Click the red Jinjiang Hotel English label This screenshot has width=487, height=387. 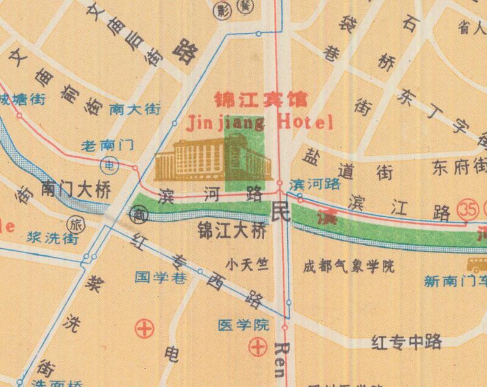tap(259, 122)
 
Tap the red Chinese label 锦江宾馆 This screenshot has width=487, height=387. tap(260, 99)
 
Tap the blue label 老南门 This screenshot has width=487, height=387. tap(108, 146)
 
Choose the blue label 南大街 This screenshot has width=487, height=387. tap(135, 110)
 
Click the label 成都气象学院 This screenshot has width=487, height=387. tap(349, 266)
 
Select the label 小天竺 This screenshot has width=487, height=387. tap(247, 265)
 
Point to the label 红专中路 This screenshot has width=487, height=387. tap(406, 343)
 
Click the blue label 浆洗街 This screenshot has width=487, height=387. tap(53, 238)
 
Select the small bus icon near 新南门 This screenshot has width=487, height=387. tap(477, 264)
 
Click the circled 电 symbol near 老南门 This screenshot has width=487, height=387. tap(109, 164)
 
